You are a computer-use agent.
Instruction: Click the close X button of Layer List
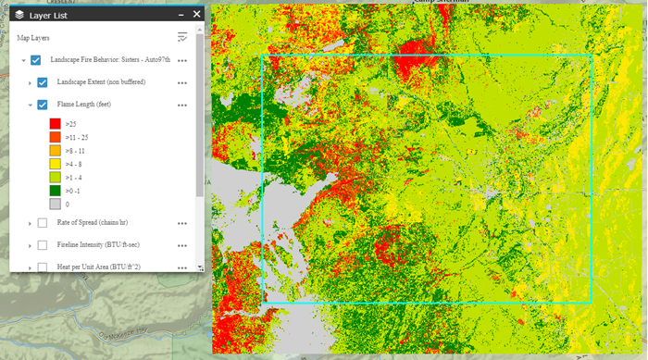(196, 14)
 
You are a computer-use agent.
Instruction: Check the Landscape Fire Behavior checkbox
(36, 60)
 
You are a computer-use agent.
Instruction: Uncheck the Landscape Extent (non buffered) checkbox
(43, 82)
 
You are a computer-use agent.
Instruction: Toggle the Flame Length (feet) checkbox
(43, 105)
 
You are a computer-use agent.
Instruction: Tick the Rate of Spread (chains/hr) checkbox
(43, 223)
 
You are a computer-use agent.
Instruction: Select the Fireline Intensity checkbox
(43, 245)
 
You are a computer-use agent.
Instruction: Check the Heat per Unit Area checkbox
(43, 267)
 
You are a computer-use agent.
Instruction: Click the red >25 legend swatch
(55, 123)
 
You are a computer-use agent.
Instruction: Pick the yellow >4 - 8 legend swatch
(55, 163)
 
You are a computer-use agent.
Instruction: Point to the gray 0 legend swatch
(55, 204)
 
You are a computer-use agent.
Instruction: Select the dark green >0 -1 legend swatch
(55, 190)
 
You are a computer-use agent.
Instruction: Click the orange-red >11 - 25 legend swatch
(55, 136)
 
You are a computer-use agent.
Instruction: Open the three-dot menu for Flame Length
(182, 105)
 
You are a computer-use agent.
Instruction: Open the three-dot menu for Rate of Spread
(182, 223)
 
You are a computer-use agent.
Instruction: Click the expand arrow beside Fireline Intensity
(30, 245)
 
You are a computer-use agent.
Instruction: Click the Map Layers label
(33, 38)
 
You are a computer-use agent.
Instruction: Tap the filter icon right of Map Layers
(182, 38)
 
